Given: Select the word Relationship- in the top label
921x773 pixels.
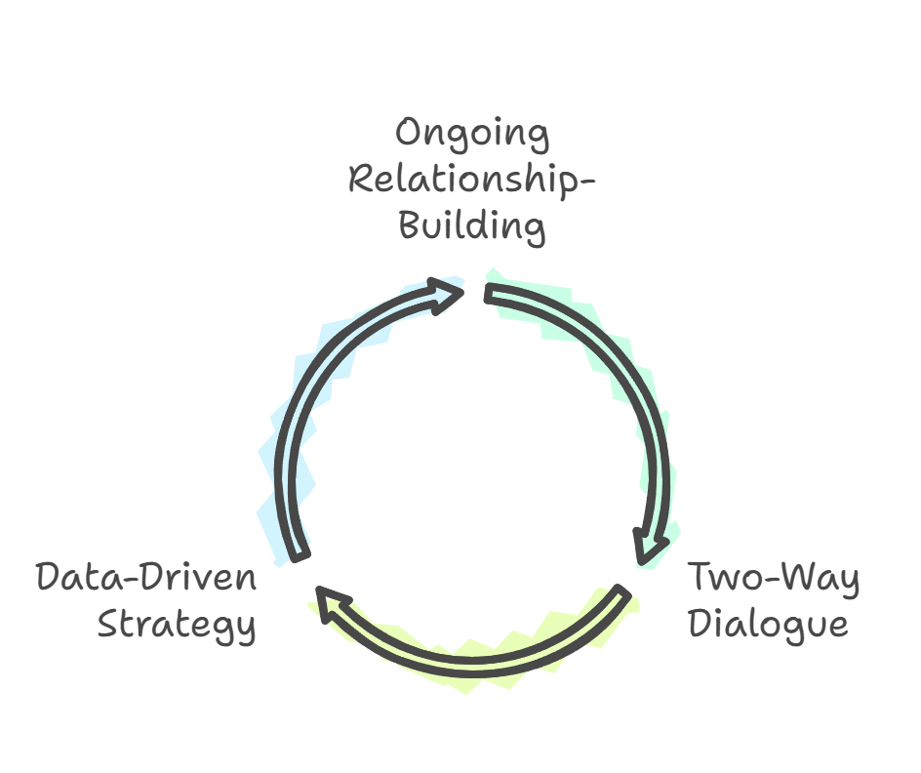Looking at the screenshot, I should coord(472,181).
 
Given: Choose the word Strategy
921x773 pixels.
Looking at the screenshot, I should coord(177,625).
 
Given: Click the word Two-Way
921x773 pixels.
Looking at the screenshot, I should coord(775,579).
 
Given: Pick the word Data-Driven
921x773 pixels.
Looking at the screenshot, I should coord(146,578).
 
